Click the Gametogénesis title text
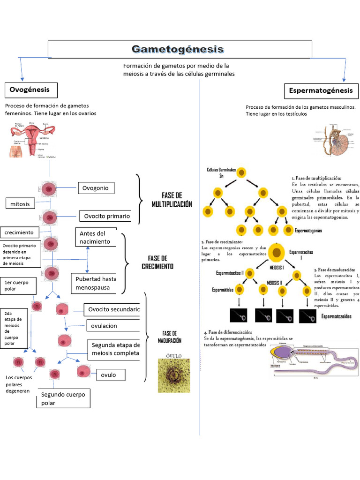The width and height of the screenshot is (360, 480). click(178, 49)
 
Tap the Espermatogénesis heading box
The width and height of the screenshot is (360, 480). click(321, 90)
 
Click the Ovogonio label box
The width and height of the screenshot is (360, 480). click(96, 188)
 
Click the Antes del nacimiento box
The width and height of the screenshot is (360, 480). click(96, 237)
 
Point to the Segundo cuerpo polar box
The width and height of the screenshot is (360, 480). click(63, 398)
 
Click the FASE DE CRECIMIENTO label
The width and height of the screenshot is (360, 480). click(157, 262)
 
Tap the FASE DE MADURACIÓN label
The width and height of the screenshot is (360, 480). click(169, 337)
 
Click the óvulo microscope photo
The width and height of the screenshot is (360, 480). click(174, 375)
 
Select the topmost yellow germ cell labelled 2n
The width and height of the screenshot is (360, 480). click(241, 172)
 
